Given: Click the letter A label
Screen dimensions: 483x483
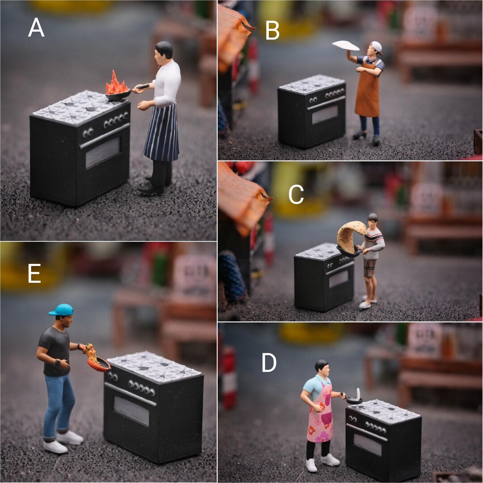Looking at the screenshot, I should (x=36, y=28).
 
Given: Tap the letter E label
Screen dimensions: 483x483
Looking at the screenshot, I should (x=34, y=274).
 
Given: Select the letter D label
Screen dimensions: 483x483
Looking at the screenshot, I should (x=269, y=363).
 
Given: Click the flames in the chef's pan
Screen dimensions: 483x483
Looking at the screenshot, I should (x=117, y=84).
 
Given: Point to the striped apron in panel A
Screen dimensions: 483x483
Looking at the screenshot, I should (x=161, y=132).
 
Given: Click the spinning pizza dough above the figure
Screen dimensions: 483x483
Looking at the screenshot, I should (x=346, y=45).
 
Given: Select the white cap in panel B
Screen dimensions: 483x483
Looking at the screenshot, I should (x=377, y=47).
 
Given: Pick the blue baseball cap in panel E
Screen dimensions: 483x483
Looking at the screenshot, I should (x=61, y=309).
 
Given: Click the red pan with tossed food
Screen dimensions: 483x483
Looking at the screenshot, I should (x=98, y=364).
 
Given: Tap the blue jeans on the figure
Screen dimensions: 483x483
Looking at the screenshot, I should (x=59, y=405).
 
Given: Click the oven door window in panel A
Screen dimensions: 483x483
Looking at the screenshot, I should (x=103, y=153).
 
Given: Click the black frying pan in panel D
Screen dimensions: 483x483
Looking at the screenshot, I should (x=354, y=400).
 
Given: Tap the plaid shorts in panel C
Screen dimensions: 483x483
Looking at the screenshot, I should (x=369, y=268).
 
